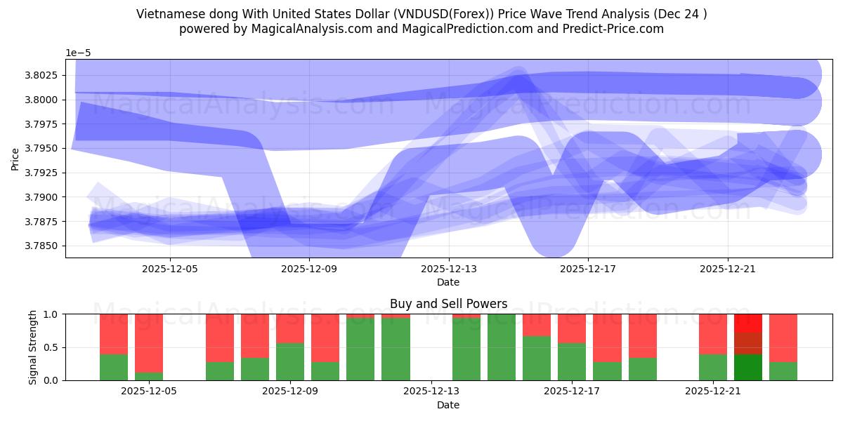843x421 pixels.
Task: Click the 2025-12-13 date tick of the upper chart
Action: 448,268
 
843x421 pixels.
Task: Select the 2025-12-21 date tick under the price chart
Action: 727,268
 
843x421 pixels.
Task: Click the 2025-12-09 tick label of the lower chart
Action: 289,391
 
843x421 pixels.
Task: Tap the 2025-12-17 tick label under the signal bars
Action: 572,391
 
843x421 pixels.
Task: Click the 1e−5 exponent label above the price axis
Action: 78,53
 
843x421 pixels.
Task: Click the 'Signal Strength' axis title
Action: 33,347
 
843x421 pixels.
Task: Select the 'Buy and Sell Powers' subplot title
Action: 448,304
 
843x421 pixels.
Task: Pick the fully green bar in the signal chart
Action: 502,347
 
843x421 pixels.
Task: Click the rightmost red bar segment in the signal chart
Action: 783,338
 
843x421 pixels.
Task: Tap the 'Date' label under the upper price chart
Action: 448,282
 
